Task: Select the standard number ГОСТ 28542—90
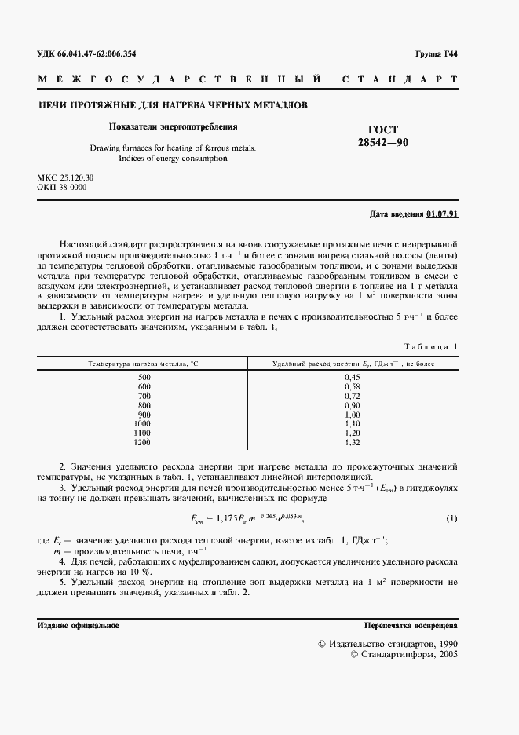(383, 136)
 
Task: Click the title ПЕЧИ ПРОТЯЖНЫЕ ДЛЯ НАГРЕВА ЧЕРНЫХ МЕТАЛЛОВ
(173, 104)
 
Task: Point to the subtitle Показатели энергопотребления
(172, 126)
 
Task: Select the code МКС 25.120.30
(65, 179)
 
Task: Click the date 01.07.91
(443, 214)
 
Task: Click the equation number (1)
(451, 519)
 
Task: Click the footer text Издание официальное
(78, 625)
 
